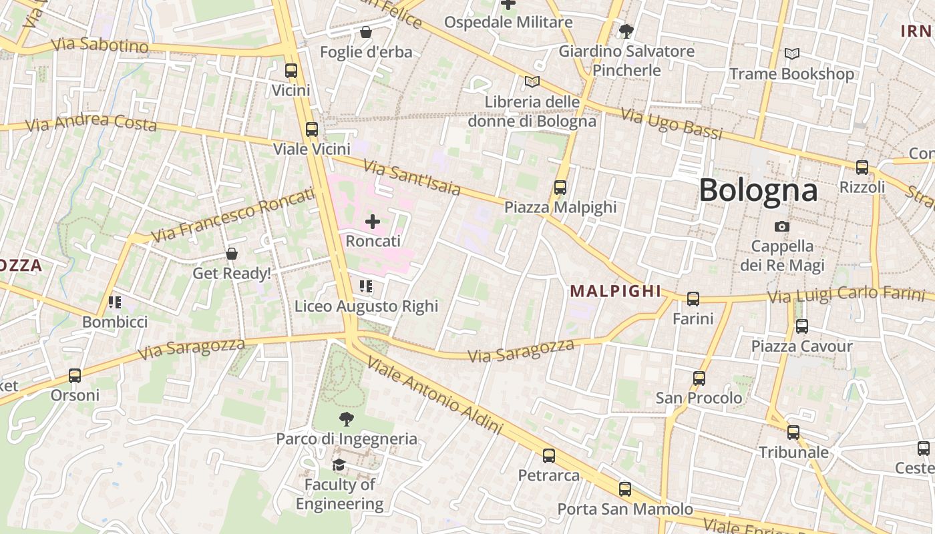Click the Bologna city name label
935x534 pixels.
pyautogui.click(x=758, y=191)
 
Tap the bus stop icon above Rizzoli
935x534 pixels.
pyautogui.click(x=862, y=167)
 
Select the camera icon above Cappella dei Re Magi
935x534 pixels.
pyautogui.click(x=782, y=227)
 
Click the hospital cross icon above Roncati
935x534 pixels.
pyautogui.click(x=373, y=222)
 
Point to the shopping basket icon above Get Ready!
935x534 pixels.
pyautogui.click(x=232, y=254)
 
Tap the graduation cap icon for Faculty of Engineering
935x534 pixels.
pyautogui.click(x=339, y=465)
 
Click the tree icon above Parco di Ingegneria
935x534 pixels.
pyautogui.click(x=346, y=419)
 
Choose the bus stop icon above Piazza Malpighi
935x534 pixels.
pyautogui.click(x=560, y=188)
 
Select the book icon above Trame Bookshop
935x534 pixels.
pyautogui.click(x=792, y=53)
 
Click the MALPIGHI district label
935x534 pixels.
pyautogui.click(x=615, y=291)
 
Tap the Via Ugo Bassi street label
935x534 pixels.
pyautogui.click(x=672, y=123)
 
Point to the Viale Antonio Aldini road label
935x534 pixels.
pyautogui.click(x=435, y=395)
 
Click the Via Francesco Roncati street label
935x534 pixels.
pyautogui.click(x=232, y=215)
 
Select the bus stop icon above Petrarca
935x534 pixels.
pyautogui.click(x=549, y=456)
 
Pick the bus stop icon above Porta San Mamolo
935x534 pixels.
pyautogui.click(x=625, y=489)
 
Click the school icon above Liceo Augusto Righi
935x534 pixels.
pyautogui.click(x=366, y=286)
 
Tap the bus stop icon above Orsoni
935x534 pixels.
pyautogui.click(x=75, y=376)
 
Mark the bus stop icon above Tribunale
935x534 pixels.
pyautogui.click(x=793, y=433)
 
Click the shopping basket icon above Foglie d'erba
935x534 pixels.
pyautogui.click(x=366, y=32)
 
